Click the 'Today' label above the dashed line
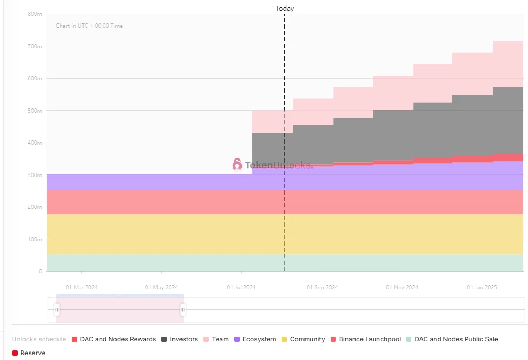tap(285, 9)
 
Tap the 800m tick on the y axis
tap(35, 14)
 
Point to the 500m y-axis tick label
tap(35, 111)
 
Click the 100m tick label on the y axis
tap(35, 239)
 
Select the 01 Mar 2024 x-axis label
tap(81, 287)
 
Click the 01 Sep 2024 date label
tap(322, 287)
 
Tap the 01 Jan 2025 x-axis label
tap(482, 287)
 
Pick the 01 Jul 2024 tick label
tap(241, 287)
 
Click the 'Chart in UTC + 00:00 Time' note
tap(89, 26)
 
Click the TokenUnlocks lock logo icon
tap(237, 164)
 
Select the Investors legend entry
tap(179, 339)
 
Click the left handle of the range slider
tap(57, 309)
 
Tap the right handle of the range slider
tap(183, 309)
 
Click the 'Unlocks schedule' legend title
tap(39, 339)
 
